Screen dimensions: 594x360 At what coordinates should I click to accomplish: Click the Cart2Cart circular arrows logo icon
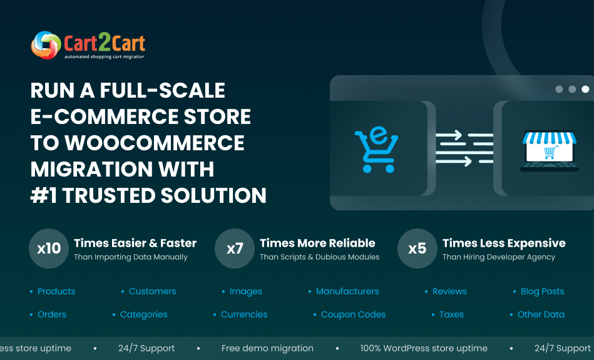pos(46,45)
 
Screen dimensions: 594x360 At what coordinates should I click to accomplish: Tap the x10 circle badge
pos(49,249)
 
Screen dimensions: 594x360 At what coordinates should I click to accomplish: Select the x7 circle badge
pos(235,249)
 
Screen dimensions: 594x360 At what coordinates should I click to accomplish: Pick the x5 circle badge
pos(417,249)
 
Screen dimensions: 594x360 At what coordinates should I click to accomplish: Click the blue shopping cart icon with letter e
pos(376,150)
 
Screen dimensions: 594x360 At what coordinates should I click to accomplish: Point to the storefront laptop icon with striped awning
pos(550,151)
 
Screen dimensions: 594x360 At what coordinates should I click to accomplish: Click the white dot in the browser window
pos(585,89)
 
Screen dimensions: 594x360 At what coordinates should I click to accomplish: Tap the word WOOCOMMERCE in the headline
pos(155,143)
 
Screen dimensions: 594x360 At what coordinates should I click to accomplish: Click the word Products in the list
pos(56,291)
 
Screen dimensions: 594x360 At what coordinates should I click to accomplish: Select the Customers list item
pos(152,291)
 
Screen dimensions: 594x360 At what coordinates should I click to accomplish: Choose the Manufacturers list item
pos(347,291)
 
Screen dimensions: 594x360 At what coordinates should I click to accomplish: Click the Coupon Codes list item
pos(353,314)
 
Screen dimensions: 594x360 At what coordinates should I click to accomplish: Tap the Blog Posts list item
pos(542,291)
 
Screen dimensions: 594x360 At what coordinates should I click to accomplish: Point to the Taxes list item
pos(451,314)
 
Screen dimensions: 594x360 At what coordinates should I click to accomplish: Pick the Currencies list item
pos(244,314)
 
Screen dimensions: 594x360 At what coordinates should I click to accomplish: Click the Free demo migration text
pos(267,348)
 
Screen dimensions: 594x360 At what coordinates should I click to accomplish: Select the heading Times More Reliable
pos(317,243)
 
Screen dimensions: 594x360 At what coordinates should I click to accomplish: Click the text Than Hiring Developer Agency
pos(498,257)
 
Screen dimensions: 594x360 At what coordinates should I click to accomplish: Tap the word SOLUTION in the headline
pos(213,195)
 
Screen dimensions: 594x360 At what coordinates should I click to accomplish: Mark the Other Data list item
pos(541,314)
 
